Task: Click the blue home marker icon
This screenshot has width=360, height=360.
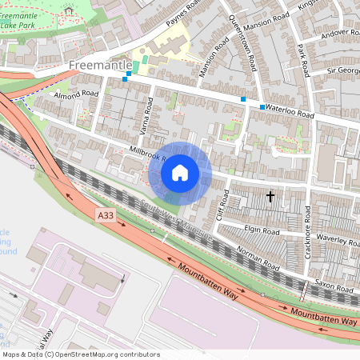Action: [180, 172]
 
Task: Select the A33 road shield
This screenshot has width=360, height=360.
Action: [104, 215]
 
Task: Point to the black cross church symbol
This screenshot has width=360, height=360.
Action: [270, 195]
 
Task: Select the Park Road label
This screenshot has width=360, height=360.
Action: [302, 62]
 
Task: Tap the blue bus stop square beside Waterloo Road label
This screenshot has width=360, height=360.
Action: [262, 106]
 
